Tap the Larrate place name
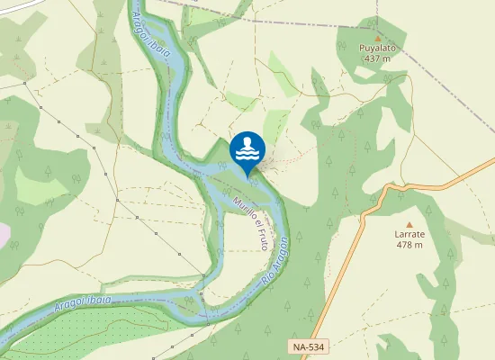(x=409, y=233)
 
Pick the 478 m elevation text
(x=409, y=245)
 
